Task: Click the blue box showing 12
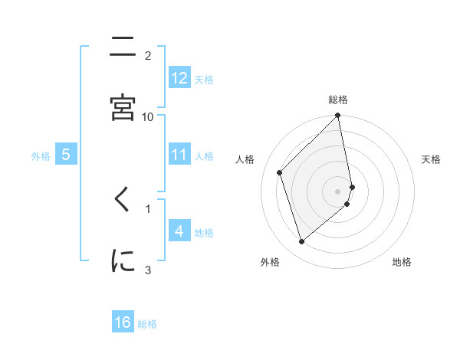pos(179,77)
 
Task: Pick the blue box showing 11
pos(179,155)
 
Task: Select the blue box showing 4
pos(179,231)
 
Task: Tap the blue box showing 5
pos(66,155)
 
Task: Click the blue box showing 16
pos(123,322)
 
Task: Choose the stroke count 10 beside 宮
pos(148,116)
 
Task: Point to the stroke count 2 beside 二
pos(148,55)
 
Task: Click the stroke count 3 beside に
pos(148,269)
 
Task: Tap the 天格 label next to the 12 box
pos(204,79)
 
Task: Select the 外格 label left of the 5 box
pos(41,156)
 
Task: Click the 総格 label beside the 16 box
pos(147,324)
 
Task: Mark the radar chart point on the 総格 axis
pos(338,116)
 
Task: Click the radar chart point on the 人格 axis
pos(280,172)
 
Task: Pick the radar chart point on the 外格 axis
pos(301,242)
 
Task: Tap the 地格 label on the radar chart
pos(402,262)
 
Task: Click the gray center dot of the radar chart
pos(338,191)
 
